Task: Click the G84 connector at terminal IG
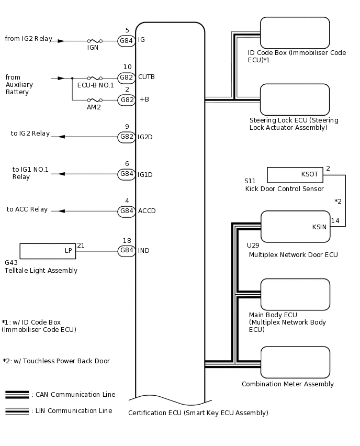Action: point(127,40)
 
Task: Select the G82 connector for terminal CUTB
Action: point(127,77)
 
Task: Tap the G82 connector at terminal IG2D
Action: point(127,137)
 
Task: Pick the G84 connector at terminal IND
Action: point(127,251)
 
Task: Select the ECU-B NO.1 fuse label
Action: point(95,85)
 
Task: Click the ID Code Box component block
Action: point(295,32)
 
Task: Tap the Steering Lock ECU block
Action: point(295,99)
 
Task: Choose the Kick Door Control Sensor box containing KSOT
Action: point(295,174)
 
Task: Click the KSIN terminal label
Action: point(319,227)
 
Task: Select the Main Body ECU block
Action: point(295,294)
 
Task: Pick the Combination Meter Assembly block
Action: point(295,362)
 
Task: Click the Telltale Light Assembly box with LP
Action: point(48,251)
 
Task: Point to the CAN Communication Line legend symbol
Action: point(17,395)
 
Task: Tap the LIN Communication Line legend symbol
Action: point(17,411)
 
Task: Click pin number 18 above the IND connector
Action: point(127,240)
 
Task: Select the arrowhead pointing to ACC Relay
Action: point(61,211)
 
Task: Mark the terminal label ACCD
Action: point(147,211)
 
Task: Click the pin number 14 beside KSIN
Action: point(335,221)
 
